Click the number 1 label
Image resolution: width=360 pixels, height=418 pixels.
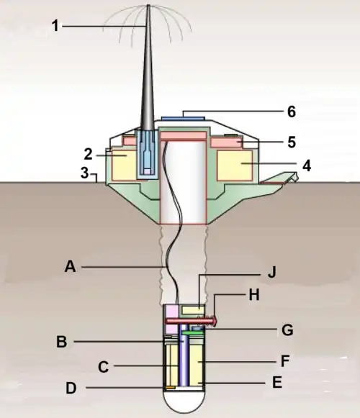tap(55, 26)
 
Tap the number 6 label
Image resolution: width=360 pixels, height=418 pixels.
tap(292, 112)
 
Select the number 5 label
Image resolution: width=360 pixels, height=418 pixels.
tap(292, 142)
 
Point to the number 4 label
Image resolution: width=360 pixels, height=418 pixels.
tap(307, 165)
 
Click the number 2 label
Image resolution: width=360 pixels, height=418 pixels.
tap(88, 155)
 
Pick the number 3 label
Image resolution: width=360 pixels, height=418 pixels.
tap(84, 173)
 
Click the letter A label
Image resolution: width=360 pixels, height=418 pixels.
tap(70, 266)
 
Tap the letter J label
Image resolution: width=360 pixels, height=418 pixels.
tap(271, 273)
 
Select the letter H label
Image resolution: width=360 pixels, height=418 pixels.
tap(253, 295)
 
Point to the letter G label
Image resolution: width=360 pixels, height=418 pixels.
tap(287, 330)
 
